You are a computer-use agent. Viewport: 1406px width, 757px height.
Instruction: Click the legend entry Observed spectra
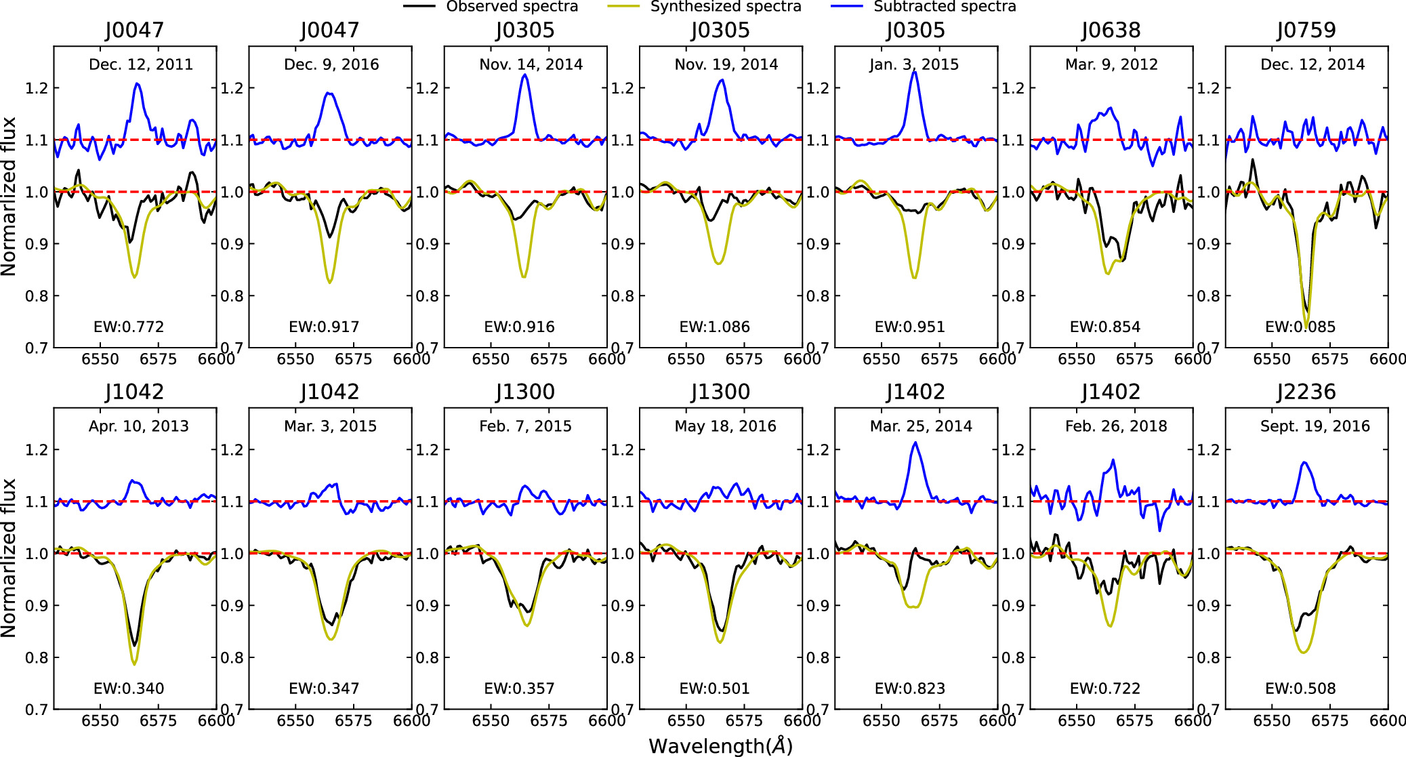491,7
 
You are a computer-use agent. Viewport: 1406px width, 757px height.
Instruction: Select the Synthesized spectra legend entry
705,7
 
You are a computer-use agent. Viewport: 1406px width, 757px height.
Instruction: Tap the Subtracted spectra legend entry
924,7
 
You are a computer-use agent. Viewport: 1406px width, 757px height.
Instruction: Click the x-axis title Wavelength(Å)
720,745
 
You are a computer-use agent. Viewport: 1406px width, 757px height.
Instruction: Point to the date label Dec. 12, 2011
141,64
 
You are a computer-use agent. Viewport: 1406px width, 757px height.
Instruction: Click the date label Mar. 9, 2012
1111,64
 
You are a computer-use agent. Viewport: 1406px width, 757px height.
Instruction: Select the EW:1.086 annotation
715,327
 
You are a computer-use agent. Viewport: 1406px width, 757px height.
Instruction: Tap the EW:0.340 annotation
129,689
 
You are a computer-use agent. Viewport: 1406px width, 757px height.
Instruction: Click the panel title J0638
1111,30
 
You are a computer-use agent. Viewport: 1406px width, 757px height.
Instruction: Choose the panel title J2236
1306,392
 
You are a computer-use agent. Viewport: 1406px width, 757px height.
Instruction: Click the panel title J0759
1306,30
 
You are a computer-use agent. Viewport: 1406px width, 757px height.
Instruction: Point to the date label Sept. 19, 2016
1315,426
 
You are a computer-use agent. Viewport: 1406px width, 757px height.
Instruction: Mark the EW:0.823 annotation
910,689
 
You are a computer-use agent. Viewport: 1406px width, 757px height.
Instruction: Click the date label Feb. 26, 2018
1116,426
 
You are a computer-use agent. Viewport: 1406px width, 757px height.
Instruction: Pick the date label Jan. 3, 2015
914,64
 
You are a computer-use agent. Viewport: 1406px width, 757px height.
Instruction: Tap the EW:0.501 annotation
715,689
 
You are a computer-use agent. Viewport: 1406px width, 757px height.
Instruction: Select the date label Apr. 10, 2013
139,426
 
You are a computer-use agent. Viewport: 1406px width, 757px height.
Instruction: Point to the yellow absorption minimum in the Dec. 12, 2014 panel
1306,325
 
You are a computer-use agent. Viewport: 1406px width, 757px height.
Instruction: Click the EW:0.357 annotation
519,689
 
